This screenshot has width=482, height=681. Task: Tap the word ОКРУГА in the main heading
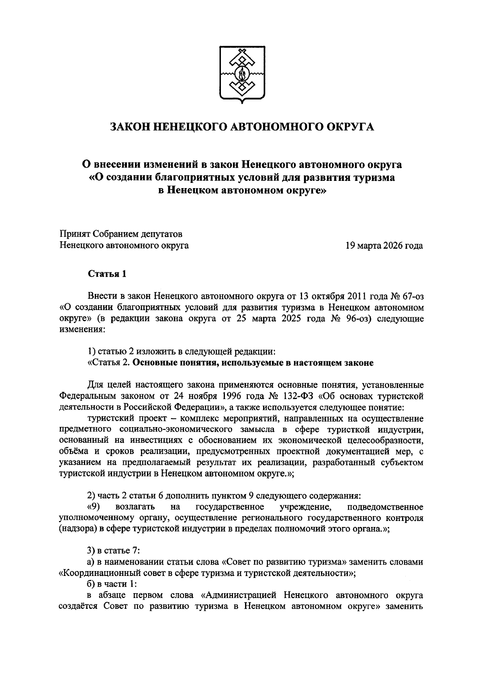pyautogui.click(x=349, y=127)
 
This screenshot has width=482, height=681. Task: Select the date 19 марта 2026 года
pyautogui.click(x=384, y=245)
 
